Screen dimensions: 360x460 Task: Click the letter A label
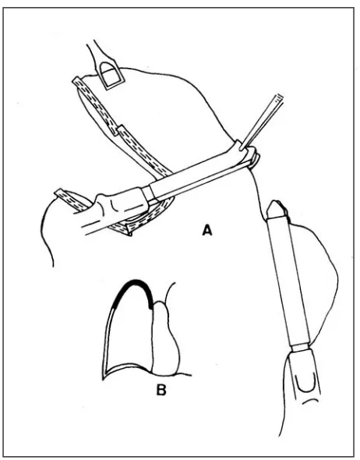tap(207, 230)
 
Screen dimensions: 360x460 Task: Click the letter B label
tap(161, 390)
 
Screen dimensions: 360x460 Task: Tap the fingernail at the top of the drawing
tap(111, 75)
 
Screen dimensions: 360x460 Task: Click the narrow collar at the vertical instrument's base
tap(300, 347)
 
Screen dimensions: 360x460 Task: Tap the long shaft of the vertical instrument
tap(289, 281)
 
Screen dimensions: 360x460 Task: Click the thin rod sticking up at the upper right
tap(262, 122)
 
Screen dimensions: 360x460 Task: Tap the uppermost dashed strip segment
tap(95, 105)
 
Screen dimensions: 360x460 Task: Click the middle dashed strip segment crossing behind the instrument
tap(143, 152)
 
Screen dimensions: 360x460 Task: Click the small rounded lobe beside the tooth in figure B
tap(166, 338)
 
